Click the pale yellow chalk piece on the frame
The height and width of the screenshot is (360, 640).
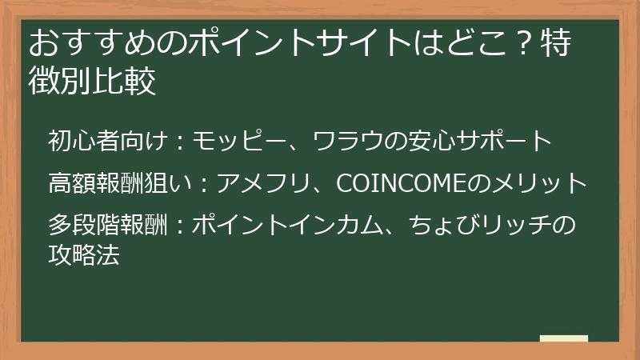pos(563,339)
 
